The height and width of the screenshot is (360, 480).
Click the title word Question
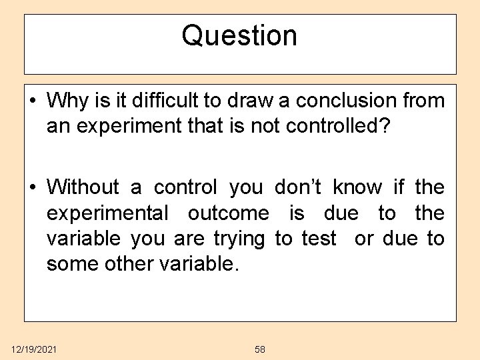(239, 35)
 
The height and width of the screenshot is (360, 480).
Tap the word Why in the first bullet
(63, 101)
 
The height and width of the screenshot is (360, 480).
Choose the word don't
(299, 187)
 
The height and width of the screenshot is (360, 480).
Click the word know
(358, 187)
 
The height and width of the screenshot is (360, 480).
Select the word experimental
(107, 213)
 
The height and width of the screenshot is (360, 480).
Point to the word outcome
(229, 213)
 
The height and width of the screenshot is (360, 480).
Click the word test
(319, 239)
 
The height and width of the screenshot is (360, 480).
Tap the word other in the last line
(129, 264)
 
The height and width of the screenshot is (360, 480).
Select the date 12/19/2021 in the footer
(33, 349)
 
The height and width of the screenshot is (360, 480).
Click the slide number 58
(260, 349)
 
